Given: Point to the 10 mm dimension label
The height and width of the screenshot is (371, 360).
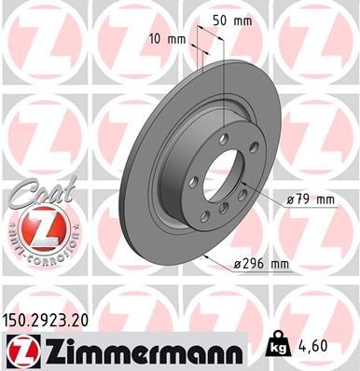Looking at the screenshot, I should pos(167,40).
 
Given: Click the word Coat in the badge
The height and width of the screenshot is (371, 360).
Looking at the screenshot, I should pos(33,193).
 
